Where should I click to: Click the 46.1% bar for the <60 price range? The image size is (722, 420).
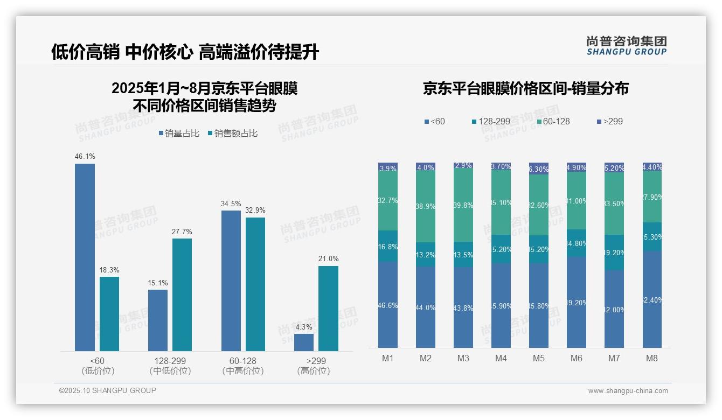pos(85,257)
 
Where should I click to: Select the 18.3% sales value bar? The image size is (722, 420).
pos(109,314)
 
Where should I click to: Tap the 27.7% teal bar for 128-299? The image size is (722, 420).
pos(182,295)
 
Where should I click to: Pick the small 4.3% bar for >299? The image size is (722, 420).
pos(304,342)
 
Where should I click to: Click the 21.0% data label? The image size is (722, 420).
pos(328,258)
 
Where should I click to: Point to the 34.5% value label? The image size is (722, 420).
pos(231,204)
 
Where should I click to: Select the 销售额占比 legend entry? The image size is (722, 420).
pos(232,134)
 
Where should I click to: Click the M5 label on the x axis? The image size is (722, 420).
pos(539,358)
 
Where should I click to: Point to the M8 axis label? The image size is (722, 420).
pos(652,358)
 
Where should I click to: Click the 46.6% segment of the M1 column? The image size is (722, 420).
pos(388,305)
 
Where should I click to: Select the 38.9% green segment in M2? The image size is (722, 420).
pos(425,207)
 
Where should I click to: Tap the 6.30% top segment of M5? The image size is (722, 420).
pos(539,169)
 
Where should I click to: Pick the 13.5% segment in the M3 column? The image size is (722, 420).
pos(463,255)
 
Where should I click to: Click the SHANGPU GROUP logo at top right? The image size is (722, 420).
pos(626,45)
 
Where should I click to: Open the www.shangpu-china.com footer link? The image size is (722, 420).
pos(628,391)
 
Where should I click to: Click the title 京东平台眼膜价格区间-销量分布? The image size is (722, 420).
pos(526,89)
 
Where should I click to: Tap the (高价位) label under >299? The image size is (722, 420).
pos(314,371)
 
